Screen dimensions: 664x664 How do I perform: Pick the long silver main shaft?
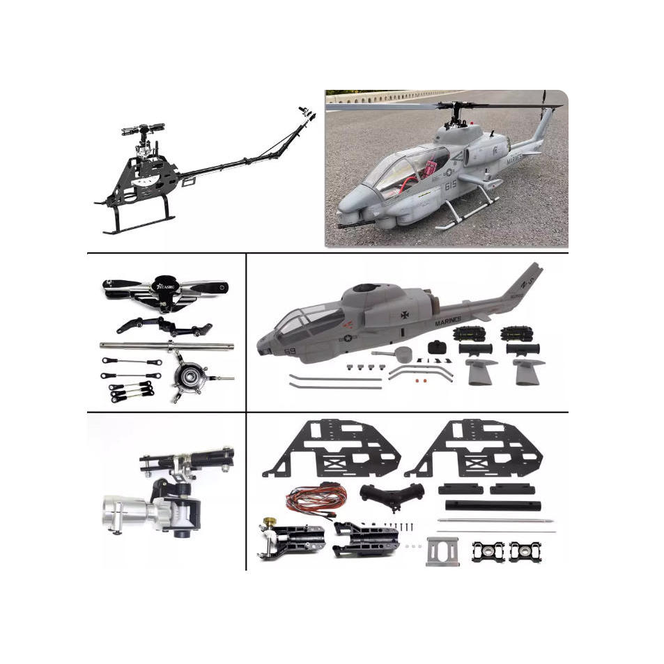coord(167,346)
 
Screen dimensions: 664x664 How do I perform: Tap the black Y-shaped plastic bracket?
coord(392,495)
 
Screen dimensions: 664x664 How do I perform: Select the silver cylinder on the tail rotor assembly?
coord(127,508)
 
